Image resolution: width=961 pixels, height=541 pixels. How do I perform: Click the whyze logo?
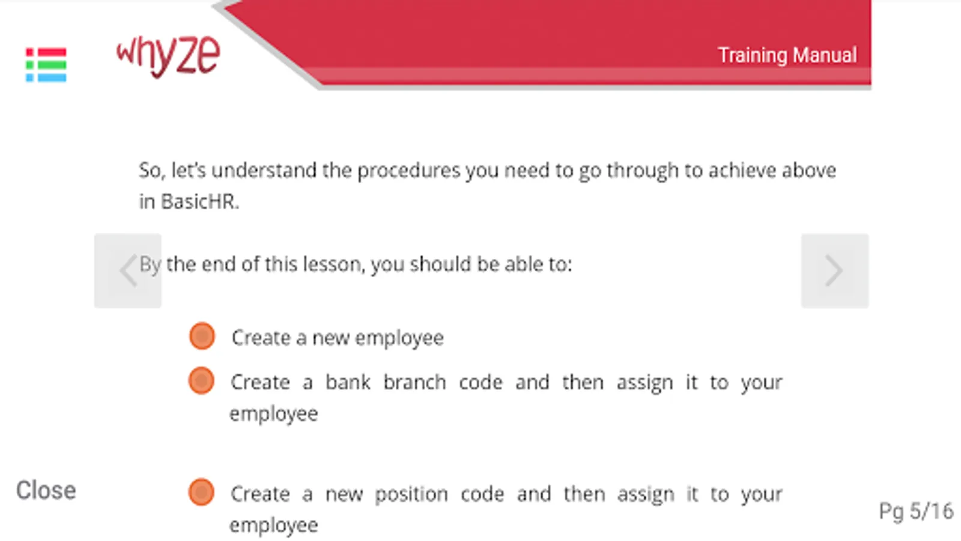tap(168, 57)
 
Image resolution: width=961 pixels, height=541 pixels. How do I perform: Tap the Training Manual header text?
tap(787, 55)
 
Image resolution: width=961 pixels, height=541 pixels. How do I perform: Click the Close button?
tap(46, 491)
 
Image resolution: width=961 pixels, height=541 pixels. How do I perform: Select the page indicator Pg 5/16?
tap(916, 511)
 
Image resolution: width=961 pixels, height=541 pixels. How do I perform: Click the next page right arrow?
tap(834, 270)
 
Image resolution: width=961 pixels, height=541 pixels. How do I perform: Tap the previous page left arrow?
tap(128, 270)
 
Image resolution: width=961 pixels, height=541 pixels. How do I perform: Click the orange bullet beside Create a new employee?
tap(202, 336)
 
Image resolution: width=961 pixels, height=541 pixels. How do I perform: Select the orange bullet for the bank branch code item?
tap(201, 381)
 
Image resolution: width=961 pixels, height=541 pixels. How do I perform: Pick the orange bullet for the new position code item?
tap(201, 492)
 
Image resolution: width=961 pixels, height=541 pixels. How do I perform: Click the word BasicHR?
tap(199, 201)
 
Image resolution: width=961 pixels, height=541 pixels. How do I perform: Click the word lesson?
tap(334, 264)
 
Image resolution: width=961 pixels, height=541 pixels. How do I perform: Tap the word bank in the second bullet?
tap(348, 382)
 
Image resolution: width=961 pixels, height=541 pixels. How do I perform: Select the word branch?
tap(414, 382)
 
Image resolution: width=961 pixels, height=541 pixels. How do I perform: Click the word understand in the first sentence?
tap(264, 171)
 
